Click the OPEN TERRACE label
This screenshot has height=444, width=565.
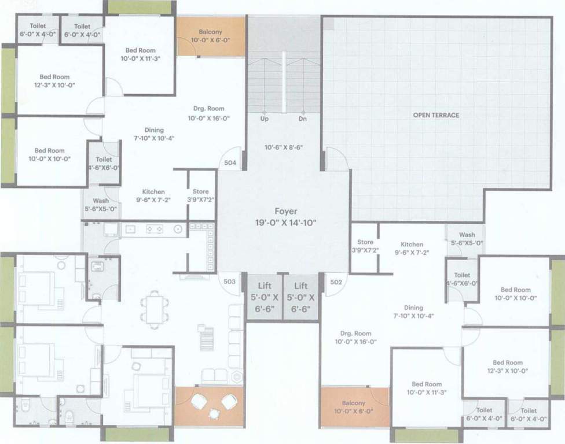pyautogui.click(x=436, y=115)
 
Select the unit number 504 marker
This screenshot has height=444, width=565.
pyautogui.click(x=230, y=163)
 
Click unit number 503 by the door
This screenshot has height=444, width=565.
pyautogui.click(x=229, y=282)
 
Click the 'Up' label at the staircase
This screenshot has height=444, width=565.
pyautogui.click(x=264, y=119)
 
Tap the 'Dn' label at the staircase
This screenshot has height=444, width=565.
pyautogui.click(x=302, y=119)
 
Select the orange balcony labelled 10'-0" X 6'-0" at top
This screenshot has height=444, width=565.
pyautogui.click(x=211, y=36)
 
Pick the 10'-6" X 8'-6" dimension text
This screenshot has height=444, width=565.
pyautogui.click(x=284, y=147)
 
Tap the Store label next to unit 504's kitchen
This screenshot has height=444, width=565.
pyautogui.click(x=201, y=195)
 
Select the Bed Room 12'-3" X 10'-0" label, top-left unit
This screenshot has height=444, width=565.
pyautogui.click(x=54, y=81)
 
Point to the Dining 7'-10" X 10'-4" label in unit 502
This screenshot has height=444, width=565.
pyautogui.click(x=414, y=312)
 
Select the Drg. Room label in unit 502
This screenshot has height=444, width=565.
pyautogui.click(x=355, y=338)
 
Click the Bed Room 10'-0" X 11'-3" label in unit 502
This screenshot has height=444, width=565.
pyautogui.click(x=426, y=388)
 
